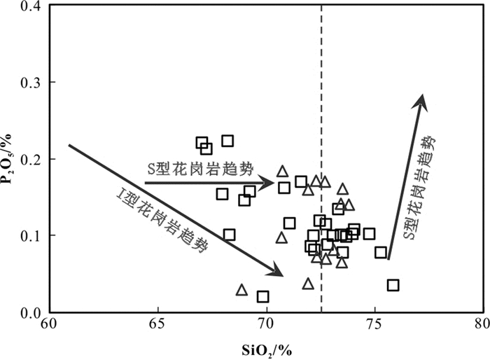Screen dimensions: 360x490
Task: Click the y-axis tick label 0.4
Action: [28, 7]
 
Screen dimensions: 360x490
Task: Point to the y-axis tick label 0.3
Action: [28, 83]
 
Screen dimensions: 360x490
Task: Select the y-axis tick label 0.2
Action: [28, 159]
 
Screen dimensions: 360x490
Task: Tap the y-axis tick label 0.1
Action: [28, 236]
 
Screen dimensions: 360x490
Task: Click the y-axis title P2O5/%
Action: [10, 160]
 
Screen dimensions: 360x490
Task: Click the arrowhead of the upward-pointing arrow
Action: [421, 100]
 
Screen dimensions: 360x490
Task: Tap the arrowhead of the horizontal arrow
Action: [268, 184]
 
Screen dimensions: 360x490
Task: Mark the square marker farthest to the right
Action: [393, 285]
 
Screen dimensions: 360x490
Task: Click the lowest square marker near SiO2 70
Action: [262, 297]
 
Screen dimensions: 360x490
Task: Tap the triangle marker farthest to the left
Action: [241, 290]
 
